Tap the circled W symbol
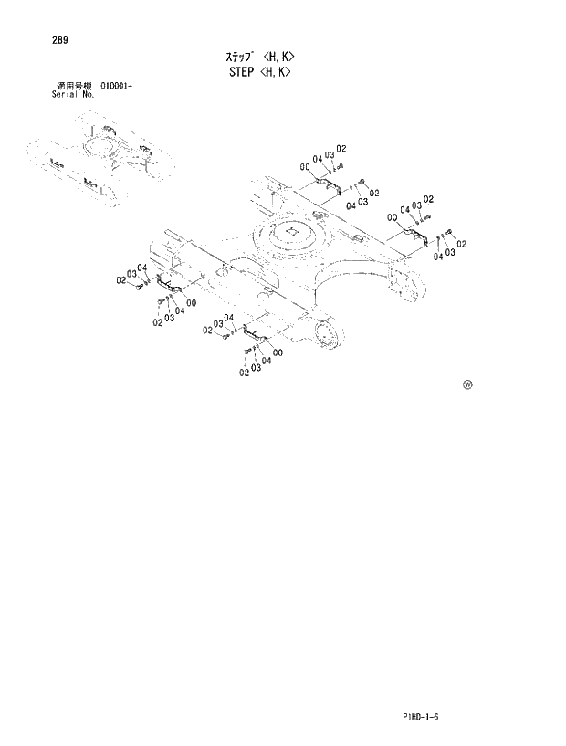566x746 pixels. tap(467, 384)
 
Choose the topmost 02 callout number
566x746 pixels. tap(341, 149)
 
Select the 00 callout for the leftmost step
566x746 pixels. tap(190, 302)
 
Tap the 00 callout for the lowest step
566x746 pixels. tap(277, 352)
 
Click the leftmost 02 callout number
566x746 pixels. tap(121, 280)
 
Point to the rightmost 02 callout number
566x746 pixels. tap(462, 244)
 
